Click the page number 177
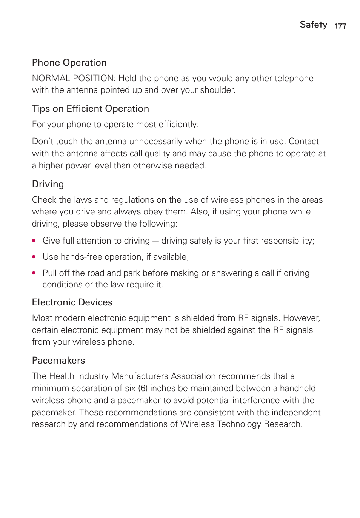[340, 26]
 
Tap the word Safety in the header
[313, 25]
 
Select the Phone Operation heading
[69, 63]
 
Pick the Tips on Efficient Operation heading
[91, 109]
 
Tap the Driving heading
[48, 184]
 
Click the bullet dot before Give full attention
[34, 240]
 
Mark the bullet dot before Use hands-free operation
[34, 257]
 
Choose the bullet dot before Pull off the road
[34, 273]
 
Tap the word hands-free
[82, 257]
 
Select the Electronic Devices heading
[72, 302]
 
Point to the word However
[301, 318]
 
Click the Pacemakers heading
[58, 361]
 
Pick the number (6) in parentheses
[143, 388]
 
